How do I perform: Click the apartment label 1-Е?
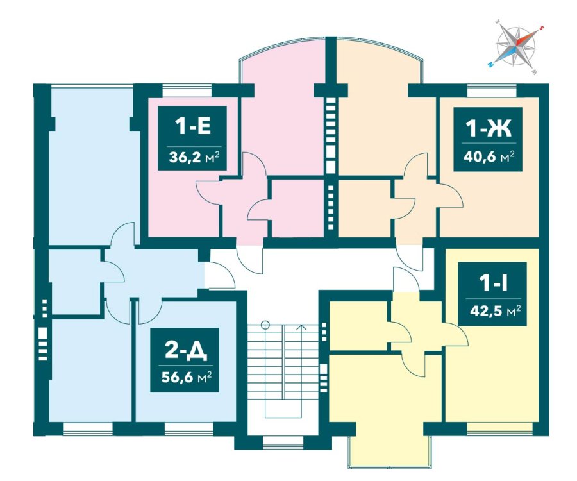192,127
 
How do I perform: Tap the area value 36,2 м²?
194,158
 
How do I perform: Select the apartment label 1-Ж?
489,129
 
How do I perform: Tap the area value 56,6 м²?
186,377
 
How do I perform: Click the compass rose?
516,47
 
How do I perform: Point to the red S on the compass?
541,28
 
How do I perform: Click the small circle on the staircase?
265,325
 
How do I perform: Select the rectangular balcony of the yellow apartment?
390,445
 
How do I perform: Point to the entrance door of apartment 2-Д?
220,274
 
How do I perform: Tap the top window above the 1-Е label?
188,90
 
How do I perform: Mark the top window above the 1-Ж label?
492,90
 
